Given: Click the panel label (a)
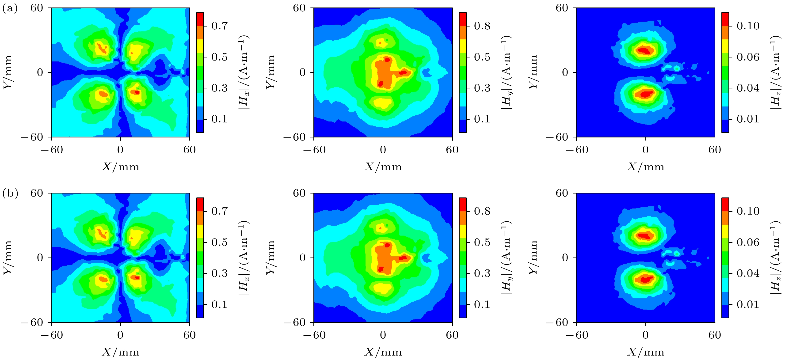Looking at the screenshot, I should (10, 8).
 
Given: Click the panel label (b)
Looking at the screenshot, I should (10, 193).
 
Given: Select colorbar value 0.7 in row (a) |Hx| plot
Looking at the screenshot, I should (219, 26).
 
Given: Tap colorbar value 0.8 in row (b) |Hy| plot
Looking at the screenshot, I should (482, 211).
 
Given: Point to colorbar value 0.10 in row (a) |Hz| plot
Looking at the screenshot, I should (748, 26).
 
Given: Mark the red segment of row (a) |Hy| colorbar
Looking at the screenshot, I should (463, 19).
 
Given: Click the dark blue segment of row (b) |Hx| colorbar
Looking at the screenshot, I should (200, 311).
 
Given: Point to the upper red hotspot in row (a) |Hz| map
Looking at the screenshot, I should (644, 50).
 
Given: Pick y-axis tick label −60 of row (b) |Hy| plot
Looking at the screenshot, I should (294, 322).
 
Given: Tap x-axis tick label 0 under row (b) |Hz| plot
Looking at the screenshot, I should (645, 335).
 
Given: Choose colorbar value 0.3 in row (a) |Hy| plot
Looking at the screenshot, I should (482, 88).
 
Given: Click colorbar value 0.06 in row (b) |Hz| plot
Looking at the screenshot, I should (748, 243).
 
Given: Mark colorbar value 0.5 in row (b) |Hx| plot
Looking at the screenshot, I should (219, 243).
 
